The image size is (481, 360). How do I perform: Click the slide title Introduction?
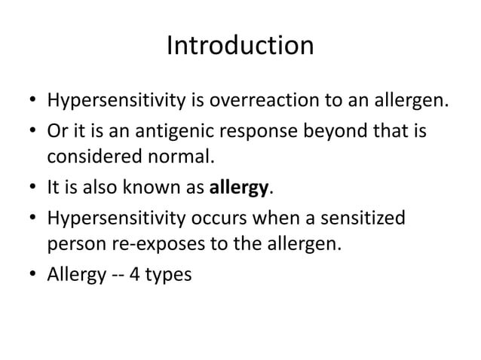(240, 46)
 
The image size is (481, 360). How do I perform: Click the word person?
(75, 244)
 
